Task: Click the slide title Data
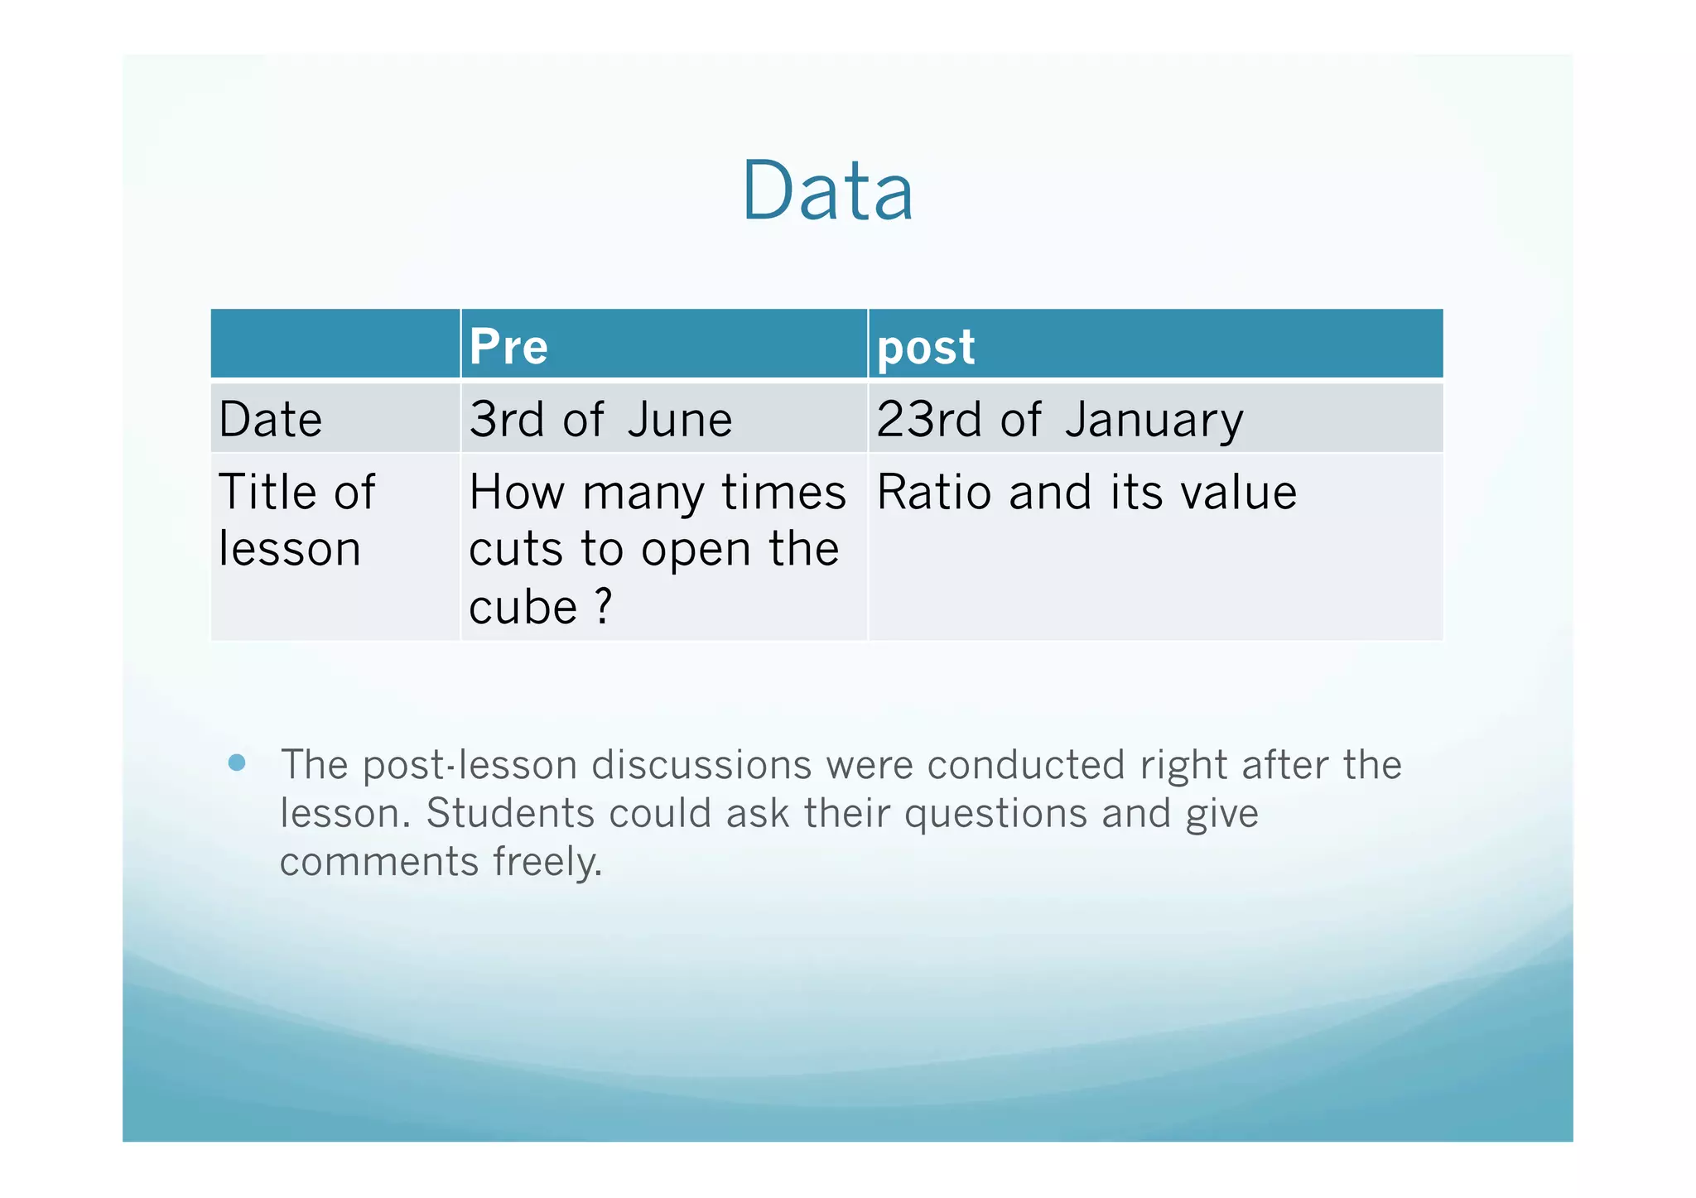[x=827, y=191]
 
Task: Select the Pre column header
[x=508, y=346]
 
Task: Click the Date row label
[x=270, y=420]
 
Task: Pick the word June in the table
[x=680, y=420]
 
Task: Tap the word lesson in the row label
[x=290, y=549]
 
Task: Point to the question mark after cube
[x=604, y=606]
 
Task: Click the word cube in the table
[x=523, y=608]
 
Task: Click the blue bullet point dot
[x=237, y=763]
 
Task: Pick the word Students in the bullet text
[x=509, y=813]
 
